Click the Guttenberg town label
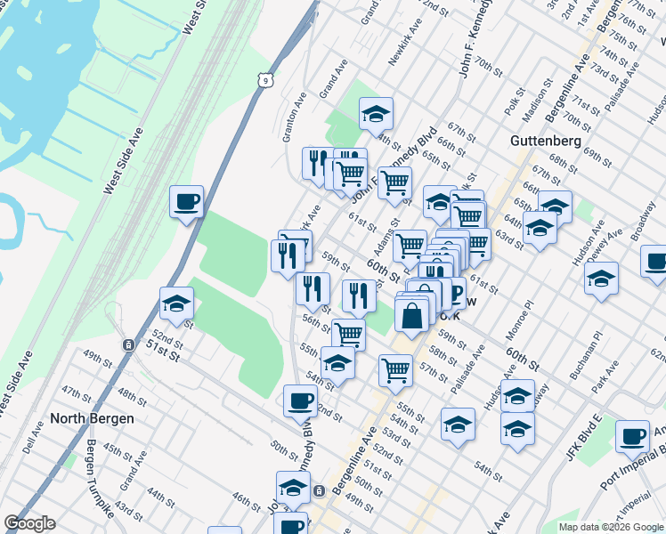click(x=546, y=141)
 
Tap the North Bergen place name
click(x=92, y=418)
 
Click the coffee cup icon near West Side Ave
click(x=187, y=202)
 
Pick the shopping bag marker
click(x=412, y=316)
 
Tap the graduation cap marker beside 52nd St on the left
click(x=176, y=303)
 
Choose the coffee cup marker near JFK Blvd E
click(x=632, y=436)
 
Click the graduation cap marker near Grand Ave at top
click(x=377, y=113)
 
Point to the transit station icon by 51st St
click(x=128, y=344)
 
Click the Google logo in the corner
click(x=29, y=523)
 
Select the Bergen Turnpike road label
click(x=101, y=480)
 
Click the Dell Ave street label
click(x=34, y=440)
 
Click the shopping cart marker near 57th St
click(x=395, y=369)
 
